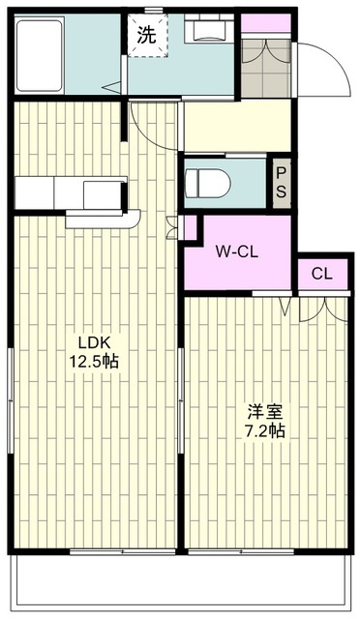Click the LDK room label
point(94,341)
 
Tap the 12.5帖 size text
point(94,361)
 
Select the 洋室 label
point(265,412)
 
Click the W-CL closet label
point(237,251)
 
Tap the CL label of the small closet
point(322,274)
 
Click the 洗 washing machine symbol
point(147,36)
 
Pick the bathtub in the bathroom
point(40,55)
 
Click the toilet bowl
point(208,183)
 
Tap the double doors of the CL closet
point(323,310)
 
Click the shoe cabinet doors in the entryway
point(266,51)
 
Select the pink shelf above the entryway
point(265,23)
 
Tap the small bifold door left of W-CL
point(172,228)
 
